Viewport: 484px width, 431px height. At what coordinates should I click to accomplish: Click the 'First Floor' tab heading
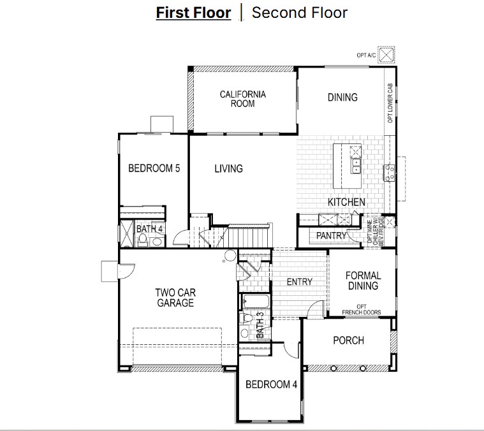193,13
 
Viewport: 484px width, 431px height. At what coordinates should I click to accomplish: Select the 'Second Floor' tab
300,13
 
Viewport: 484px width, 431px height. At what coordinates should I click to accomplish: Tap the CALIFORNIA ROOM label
243,99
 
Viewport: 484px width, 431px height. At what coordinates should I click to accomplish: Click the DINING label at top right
342,98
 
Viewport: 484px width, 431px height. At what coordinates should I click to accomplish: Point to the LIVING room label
228,169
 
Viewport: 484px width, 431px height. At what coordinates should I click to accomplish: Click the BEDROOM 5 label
154,169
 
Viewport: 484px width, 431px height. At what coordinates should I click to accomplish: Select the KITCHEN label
346,202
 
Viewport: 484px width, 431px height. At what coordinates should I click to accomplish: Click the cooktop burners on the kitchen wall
387,172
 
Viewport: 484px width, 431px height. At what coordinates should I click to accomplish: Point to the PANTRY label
331,236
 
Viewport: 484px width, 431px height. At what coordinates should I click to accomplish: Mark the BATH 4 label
149,229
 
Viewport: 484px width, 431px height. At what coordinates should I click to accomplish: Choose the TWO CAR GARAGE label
175,298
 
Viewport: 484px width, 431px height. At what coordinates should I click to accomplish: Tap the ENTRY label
299,282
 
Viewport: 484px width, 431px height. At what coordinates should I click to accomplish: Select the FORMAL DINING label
363,281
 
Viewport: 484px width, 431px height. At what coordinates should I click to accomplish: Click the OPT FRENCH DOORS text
362,309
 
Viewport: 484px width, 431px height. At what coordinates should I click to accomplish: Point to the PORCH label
348,340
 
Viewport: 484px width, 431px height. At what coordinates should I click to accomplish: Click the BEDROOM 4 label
271,384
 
